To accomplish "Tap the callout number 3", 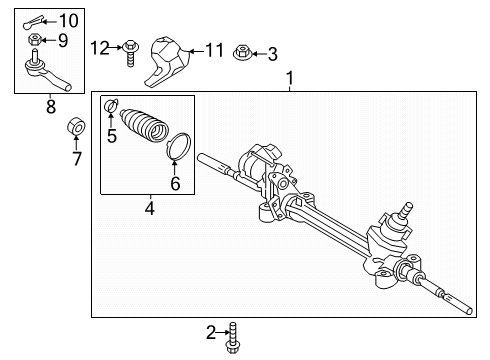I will click(x=272, y=53).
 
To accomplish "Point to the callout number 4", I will click(x=149, y=210).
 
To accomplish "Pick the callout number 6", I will click(x=175, y=183).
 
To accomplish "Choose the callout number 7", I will click(x=76, y=157).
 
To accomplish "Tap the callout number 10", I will click(x=67, y=20).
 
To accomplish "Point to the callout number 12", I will click(x=99, y=47).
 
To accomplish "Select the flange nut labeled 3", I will click(x=243, y=52).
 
